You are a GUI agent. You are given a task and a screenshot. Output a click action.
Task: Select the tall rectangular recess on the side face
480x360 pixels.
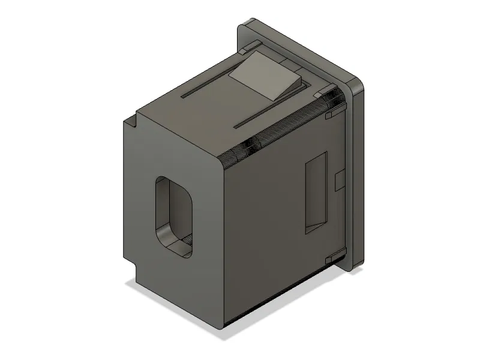click(316, 192)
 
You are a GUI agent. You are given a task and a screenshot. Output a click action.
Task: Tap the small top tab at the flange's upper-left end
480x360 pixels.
click(253, 45)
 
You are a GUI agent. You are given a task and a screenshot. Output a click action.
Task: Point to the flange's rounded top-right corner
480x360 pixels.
click(359, 87)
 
